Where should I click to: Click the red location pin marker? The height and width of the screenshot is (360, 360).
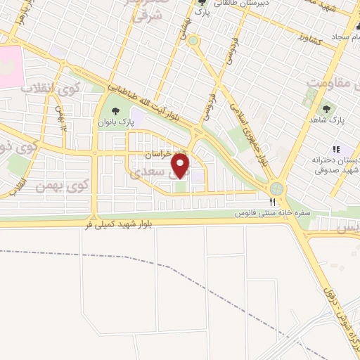(x=181, y=165)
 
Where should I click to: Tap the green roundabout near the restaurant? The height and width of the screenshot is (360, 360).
(x=277, y=188)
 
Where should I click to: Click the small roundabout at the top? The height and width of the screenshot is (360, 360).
(x=193, y=40)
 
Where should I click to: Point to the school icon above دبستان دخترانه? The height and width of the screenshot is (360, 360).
(x=336, y=149)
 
